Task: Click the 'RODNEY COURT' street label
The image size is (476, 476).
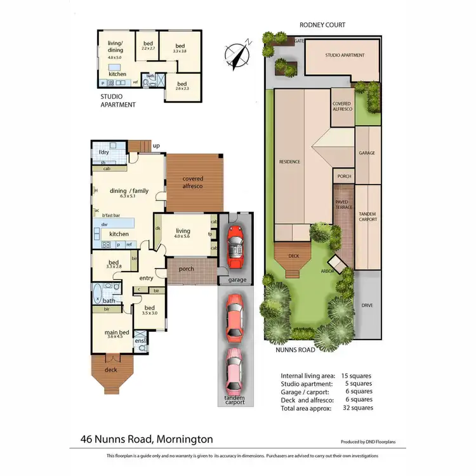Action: (322, 25)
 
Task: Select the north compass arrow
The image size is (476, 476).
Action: (239, 52)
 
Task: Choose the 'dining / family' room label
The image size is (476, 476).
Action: (129, 190)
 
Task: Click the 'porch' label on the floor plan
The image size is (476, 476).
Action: (186, 268)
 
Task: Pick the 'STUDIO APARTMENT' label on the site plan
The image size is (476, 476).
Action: (345, 55)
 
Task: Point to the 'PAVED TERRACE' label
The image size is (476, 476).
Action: (343, 205)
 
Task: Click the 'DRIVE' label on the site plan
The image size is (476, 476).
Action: (367, 305)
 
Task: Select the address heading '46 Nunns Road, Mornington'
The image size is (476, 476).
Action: (147, 439)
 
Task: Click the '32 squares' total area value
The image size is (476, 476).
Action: (359, 408)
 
